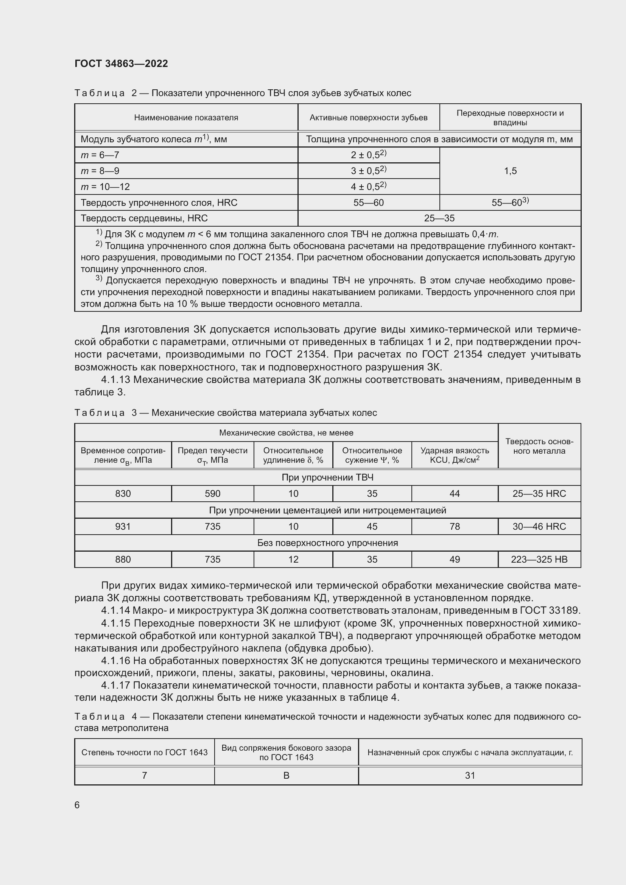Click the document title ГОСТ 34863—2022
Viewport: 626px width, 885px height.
point(121,64)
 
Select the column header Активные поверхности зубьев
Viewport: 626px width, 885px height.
point(368,118)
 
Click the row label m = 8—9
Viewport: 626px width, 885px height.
point(100,171)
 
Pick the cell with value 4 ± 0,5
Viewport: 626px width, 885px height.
point(368,187)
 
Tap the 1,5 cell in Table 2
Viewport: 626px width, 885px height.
point(510,171)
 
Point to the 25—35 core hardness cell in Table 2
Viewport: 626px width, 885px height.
point(439,218)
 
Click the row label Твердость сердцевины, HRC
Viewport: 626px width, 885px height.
point(144,218)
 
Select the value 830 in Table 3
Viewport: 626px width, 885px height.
point(123,493)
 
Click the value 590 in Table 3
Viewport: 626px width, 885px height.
point(212,493)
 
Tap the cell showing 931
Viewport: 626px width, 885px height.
point(123,526)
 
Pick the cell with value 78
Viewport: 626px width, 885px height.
point(455,526)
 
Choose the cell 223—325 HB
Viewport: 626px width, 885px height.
point(539,559)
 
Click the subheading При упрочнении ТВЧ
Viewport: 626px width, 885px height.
point(327,477)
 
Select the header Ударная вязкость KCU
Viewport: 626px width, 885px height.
point(455,455)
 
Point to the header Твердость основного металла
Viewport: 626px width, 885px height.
point(539,446)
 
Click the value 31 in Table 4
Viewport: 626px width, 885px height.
point(470,775)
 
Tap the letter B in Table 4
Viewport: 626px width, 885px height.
point(286,775)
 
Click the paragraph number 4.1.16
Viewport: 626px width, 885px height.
point(116,661)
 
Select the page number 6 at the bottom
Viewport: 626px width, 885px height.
point(77,805)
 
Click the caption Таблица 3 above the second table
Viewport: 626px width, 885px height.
point(100,413)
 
